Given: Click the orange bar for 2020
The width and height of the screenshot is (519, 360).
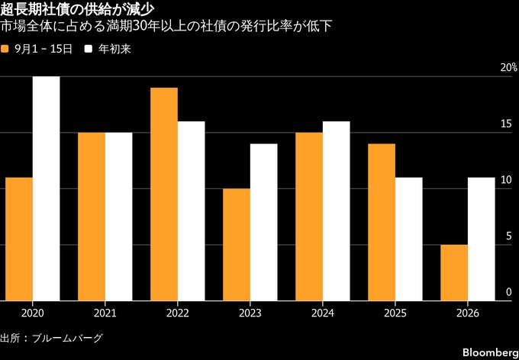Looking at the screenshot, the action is click(19, 239).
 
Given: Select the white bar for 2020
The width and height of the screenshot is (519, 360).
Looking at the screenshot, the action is click(47, 188).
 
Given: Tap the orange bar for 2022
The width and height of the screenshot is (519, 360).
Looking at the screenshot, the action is click(164, 194).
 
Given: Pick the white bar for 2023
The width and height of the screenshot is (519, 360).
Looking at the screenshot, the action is click(264, 223).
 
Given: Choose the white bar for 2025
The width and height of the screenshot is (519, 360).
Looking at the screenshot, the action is click(409, 239).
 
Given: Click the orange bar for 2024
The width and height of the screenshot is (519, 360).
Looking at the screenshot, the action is click(309, 217).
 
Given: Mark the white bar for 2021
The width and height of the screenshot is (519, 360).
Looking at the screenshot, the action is click(119, 217).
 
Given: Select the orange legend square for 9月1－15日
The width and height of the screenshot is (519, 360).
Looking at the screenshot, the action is click(5, 50).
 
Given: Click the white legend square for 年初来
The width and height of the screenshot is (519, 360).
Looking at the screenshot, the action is click(89, 50).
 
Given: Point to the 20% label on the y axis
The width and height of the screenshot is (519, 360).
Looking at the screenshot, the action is click(510, 68).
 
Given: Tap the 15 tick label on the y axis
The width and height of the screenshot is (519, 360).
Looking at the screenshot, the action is click(507, 124).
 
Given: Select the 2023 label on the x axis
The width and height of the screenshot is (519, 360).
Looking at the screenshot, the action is click(250, 313).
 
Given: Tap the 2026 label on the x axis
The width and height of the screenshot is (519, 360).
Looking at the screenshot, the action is click(468, 313).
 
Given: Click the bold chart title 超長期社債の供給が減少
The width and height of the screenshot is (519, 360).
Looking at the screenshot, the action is click(77, 10).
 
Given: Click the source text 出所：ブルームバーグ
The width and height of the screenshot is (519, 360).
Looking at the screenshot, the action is click(52, 338).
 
